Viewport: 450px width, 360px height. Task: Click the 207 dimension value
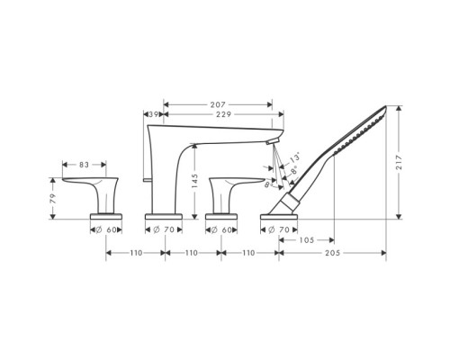click(218, 104)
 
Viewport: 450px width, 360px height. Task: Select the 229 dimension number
click(224, 114)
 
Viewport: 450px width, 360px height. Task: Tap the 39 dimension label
click(154, 114)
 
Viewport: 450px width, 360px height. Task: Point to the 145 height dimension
click(194, 181)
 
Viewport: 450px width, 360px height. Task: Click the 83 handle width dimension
click(85, 165)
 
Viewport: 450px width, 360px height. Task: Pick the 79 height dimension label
click(53, 199)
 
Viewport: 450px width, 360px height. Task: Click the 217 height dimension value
click(399, 162)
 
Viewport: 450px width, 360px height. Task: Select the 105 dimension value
click(307, 240)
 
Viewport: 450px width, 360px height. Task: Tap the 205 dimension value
click(333, 253)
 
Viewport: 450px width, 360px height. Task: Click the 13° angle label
click(295, 157)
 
